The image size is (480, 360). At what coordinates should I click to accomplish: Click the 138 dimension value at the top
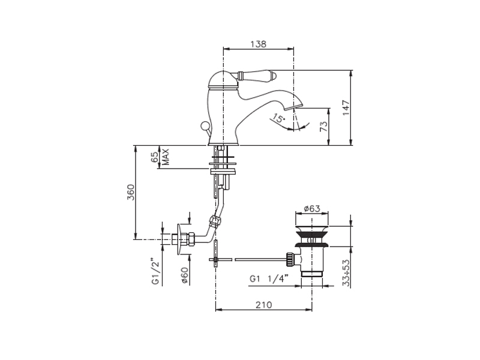(x=259, y=44)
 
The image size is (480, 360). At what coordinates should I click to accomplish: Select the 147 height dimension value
(x=346, y=107)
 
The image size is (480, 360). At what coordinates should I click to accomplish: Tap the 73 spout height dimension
(x=323, y=126)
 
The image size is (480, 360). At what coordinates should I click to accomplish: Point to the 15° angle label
(x=278, y=118)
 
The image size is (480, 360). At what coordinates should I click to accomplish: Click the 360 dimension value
(x=131, y=192)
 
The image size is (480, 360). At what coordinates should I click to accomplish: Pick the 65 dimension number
(x=155, y=157)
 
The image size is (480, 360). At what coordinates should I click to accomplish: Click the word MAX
(x=166, y=157)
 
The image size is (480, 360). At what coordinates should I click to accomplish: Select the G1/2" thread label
(x=156, y=274)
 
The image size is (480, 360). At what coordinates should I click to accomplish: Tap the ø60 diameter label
(x=185, y=275)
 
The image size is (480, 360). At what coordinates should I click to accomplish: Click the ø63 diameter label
(x=311, y=208)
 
